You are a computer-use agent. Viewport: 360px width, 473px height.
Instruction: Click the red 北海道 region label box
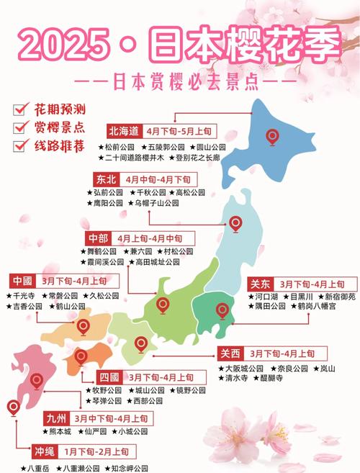123,132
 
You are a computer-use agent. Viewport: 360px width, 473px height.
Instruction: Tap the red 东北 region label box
104,179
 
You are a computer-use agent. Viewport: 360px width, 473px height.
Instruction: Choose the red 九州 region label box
53,418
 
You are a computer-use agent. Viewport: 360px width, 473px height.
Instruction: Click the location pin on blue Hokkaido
272,135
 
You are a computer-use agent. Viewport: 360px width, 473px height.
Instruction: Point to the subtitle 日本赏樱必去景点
179,80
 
